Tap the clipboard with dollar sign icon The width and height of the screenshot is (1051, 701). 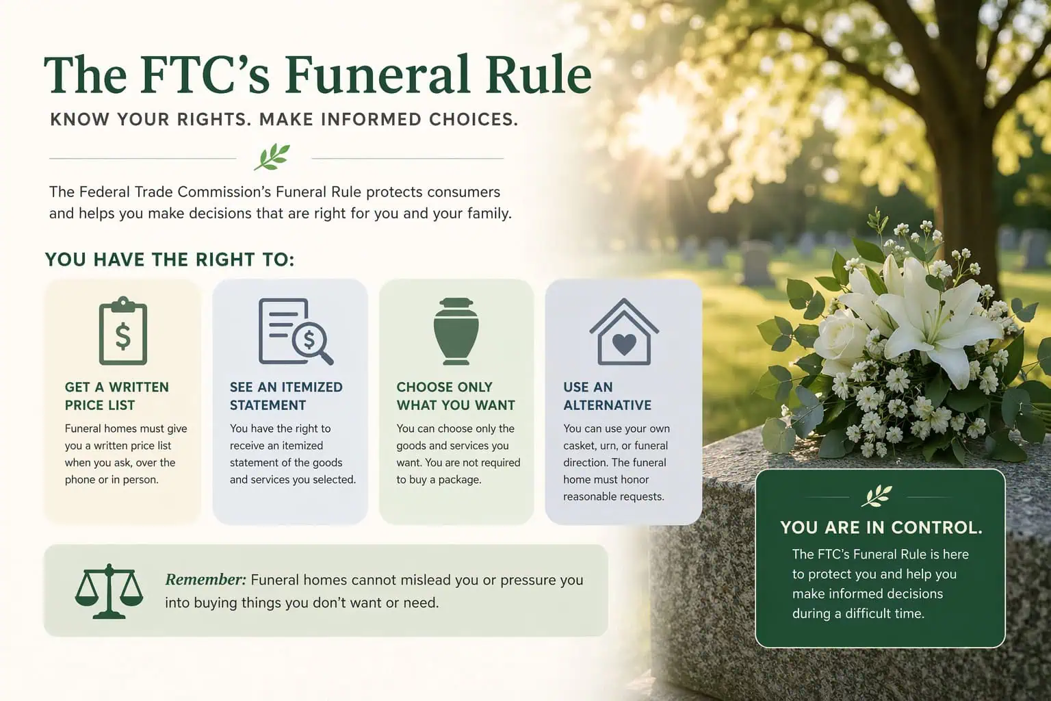point(123,332)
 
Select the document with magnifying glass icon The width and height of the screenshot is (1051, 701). point(294,332)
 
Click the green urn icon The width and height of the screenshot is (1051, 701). point(454,331)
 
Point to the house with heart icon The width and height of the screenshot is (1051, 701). point(623,333)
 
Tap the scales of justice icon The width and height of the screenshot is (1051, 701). point(109,591)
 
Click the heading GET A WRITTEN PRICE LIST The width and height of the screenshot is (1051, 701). point(116,396)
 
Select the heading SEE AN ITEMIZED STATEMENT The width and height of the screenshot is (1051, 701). point(286,396)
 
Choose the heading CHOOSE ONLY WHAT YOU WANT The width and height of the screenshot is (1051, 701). point(456,396)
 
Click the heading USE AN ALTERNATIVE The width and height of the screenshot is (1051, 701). point(607,396)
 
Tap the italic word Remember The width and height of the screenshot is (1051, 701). point(205,580)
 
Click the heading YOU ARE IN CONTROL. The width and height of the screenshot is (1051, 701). point(881,528)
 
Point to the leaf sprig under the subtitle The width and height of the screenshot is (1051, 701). point(272,157)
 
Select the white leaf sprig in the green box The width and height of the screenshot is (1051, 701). point(877,496)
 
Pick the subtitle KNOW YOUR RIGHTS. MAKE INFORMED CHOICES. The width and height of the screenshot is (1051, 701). point(284,120)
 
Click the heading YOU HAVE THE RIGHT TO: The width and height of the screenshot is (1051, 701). point(170,260)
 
